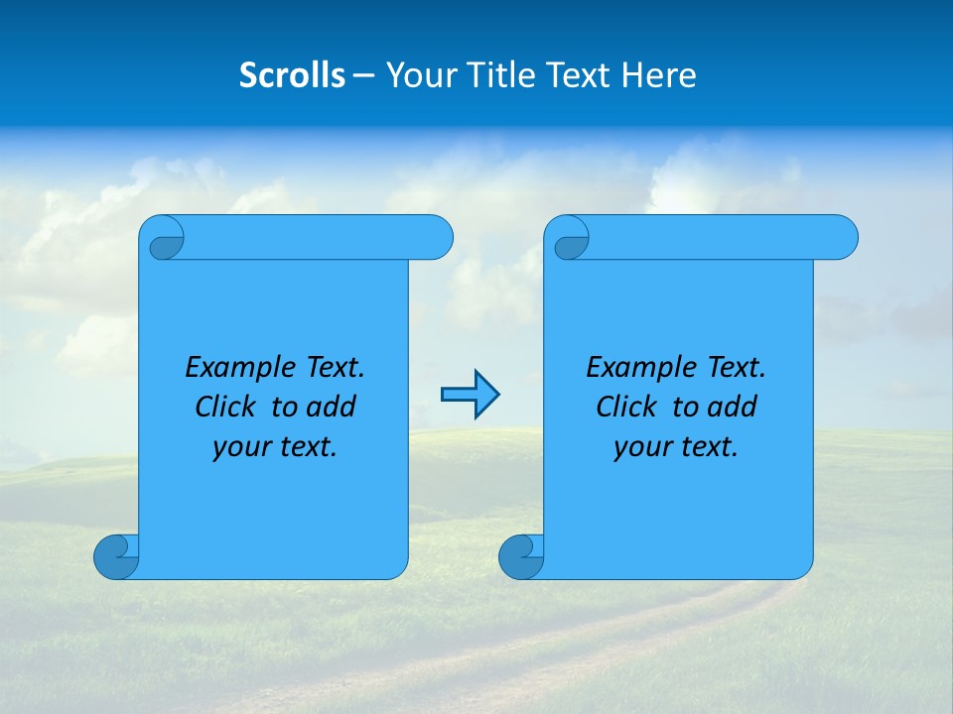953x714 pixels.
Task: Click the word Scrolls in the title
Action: [x=293, y=75]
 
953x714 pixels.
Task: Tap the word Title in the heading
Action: [x=496, y=75]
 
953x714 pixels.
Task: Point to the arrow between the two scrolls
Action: [x=470, y=396]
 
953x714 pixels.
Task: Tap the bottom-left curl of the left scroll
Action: [x=116, y=557]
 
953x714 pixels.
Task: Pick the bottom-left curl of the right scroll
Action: [x=521, y=557]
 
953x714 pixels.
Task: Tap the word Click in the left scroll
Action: [x=226, y=408]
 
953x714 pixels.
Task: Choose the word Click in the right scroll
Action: [x=626, y=408]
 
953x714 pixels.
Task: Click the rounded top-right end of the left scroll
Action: [x=437, y=237]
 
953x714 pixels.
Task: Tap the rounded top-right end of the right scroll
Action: [x=842, y=237]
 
